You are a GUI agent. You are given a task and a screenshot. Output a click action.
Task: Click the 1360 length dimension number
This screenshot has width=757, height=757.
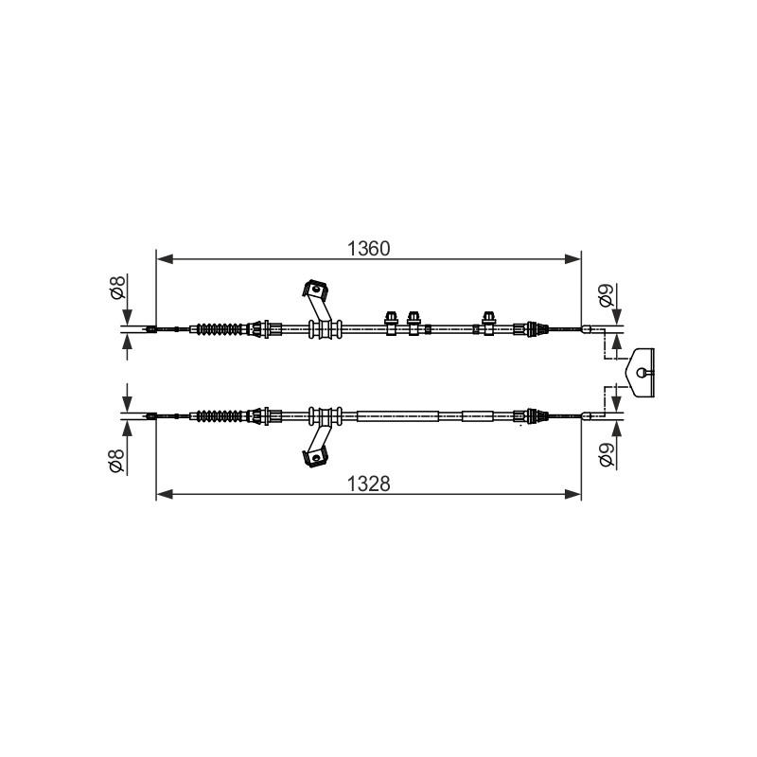pyautogui.click(x=368, y=249)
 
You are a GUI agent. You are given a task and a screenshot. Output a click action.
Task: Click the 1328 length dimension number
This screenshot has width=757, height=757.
pyautogui.click(x=368, y=484)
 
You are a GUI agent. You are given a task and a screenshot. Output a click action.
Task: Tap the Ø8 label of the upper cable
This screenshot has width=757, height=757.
pyautogui.click(x=118, y=287)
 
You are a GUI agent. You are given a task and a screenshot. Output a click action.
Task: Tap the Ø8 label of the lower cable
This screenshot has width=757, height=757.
pyautogui.click(x=118, y=460)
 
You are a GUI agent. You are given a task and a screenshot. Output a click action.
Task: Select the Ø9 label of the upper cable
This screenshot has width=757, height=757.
pyautogui.click(x=607, y=295)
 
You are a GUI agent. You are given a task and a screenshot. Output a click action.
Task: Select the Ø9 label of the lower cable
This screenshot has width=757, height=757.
pyautogui.click(x=607, y=455)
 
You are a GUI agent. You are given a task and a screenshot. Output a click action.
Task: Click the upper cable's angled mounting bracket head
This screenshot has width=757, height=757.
pyautogui.click(x=315, y=289)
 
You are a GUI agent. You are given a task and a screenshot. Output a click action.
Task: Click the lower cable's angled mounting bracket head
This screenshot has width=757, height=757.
pyautogui.click(x=315, y=456)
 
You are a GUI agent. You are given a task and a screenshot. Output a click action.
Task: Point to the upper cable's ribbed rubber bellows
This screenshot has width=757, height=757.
pyautogui.click(x=219, y=329)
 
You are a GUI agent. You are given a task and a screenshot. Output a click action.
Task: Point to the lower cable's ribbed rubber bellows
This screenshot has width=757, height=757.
pyautogui.click(x=219, y=415)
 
